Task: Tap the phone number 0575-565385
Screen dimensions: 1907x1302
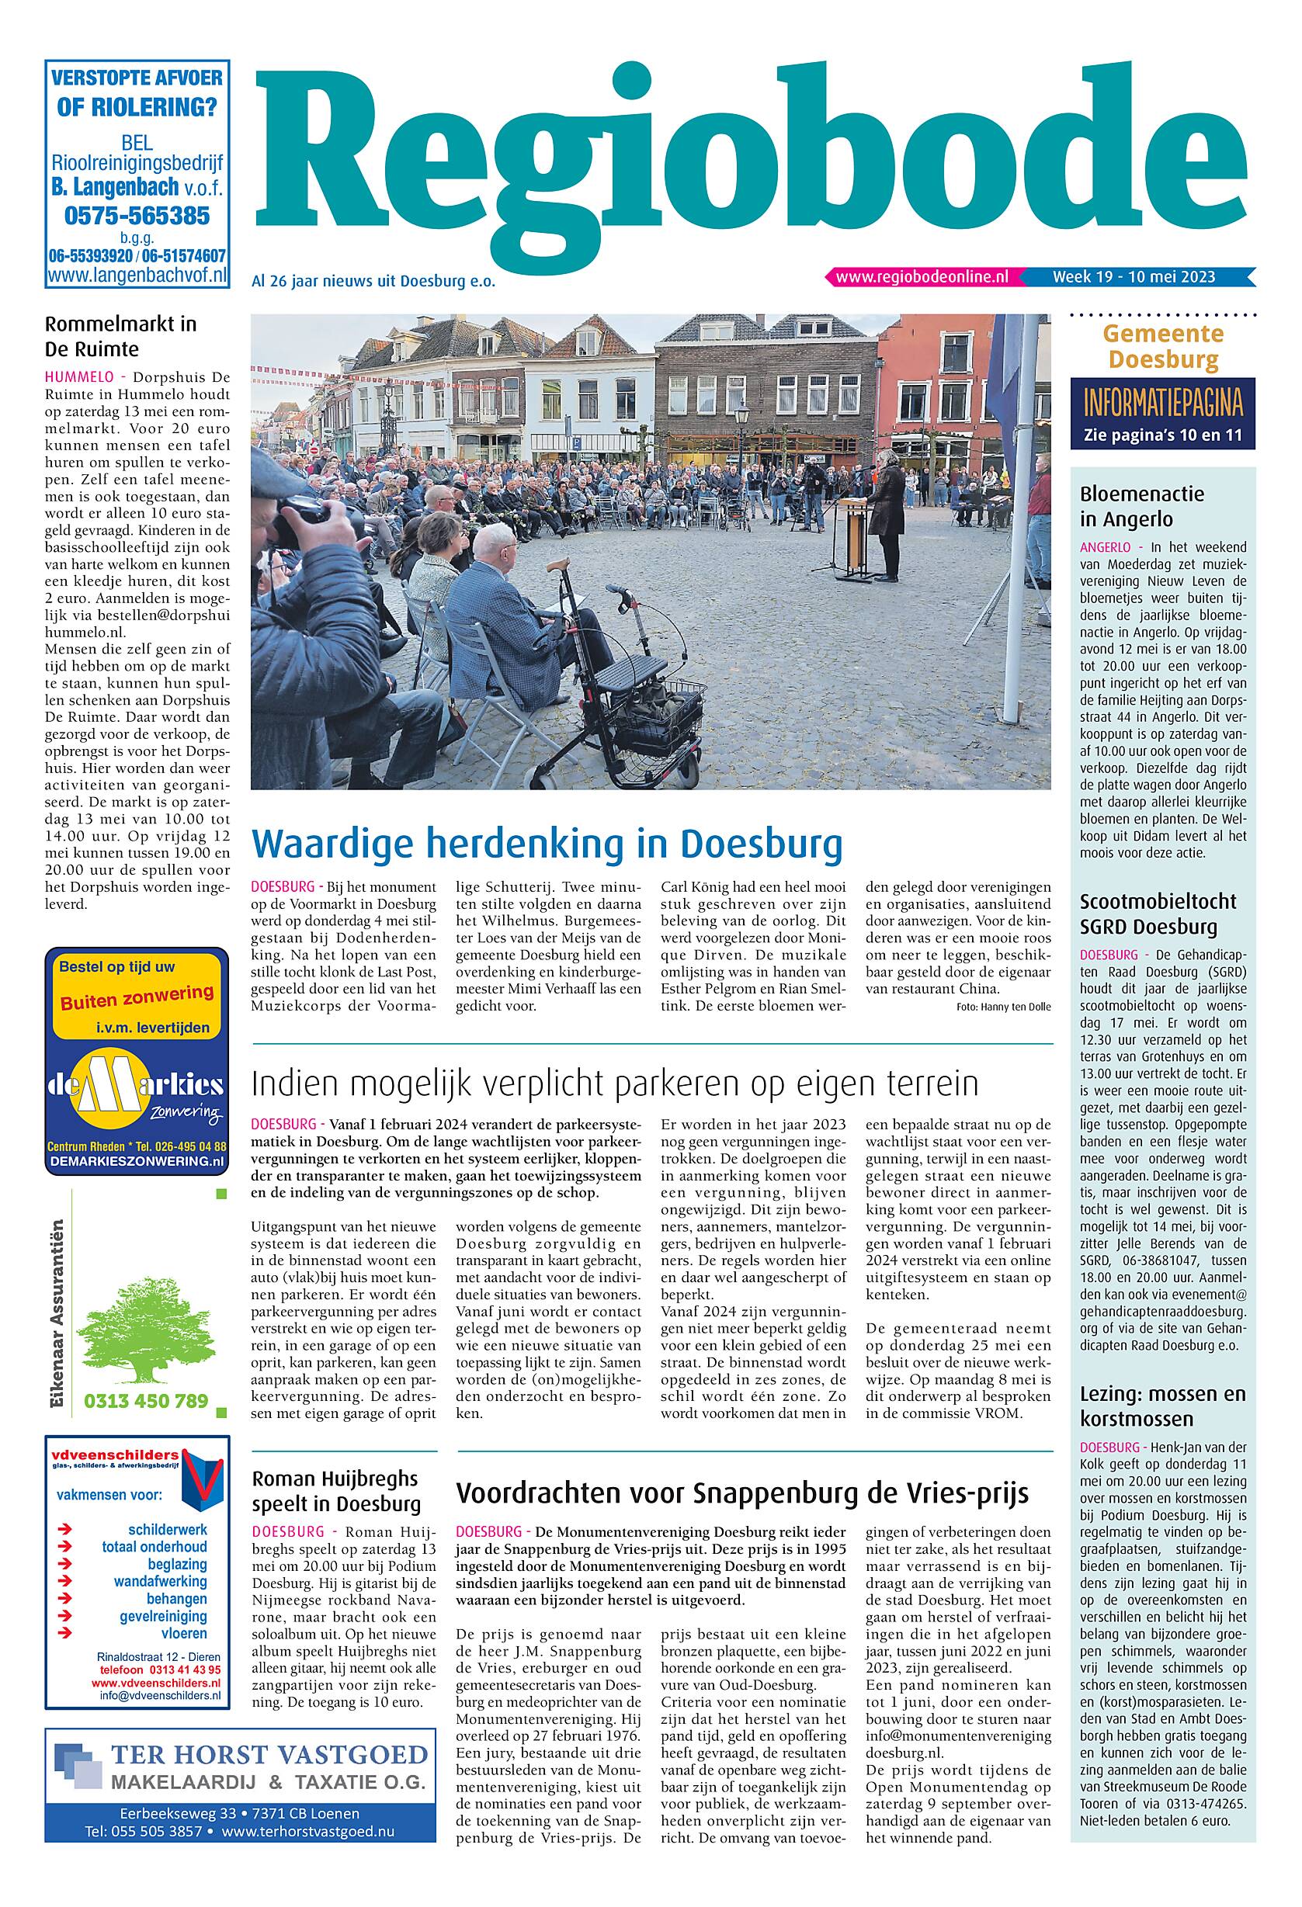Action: tap(137, 216)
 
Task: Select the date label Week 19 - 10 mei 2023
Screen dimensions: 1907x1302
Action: tap(1134, 277)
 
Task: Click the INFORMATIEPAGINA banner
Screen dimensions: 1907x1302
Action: tap(1162, 404)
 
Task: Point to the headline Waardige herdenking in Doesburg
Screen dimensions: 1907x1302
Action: tap(547, 844)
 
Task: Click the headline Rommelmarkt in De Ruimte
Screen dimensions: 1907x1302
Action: tap(120, 336)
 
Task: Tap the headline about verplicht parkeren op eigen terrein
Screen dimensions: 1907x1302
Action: tap(615, 1084)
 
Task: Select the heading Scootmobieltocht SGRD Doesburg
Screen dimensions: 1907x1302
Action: tap(1158, 914)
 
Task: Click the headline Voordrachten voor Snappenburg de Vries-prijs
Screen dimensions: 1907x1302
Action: tap(742, 1493)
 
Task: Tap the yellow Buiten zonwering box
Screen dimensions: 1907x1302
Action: tap(137, 996)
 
